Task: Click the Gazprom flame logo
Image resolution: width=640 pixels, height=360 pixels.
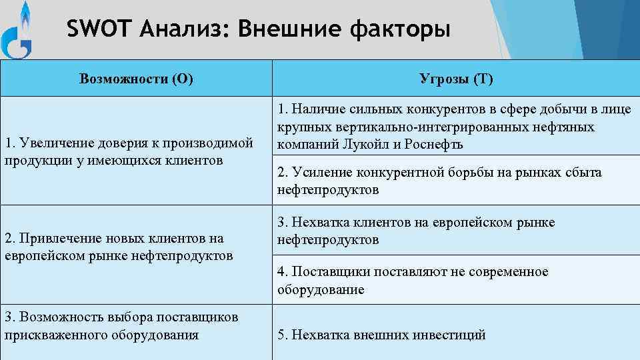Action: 19,30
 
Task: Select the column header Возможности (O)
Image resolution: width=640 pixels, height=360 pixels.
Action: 136,79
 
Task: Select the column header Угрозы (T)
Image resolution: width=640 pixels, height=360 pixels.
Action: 457,79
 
